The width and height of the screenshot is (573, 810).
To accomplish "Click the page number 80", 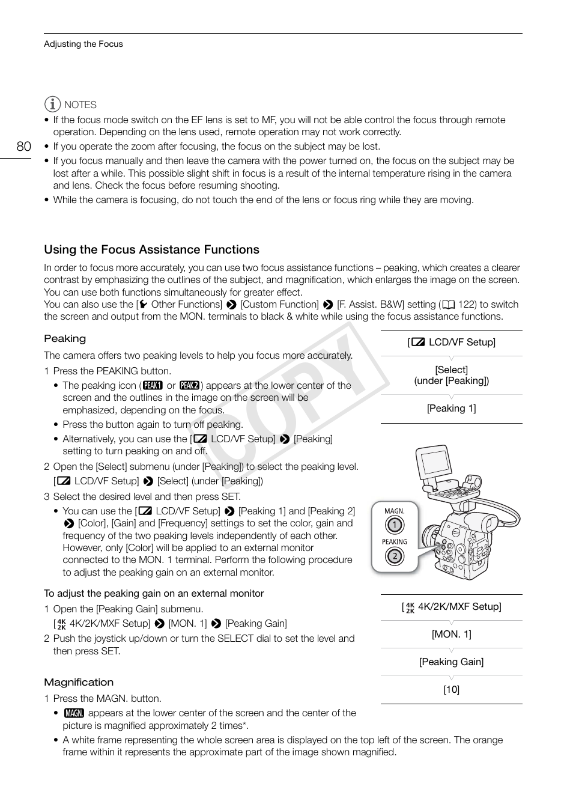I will pos(23,147).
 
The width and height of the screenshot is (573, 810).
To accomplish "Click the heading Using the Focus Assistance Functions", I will pos(151,249).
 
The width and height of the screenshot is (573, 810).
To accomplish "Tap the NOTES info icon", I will pos(53,105).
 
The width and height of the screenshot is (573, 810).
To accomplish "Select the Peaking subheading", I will pos(65,339).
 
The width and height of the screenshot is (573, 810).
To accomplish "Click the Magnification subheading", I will pos(79,683).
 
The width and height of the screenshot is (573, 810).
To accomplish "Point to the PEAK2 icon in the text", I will pos(189,386).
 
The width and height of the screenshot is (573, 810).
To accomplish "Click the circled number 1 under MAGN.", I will pos(394,525).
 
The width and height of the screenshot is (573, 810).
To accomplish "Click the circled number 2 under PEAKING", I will pos(394,556).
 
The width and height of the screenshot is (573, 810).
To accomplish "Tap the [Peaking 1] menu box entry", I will pos(451,409).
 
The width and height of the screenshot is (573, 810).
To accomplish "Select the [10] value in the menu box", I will pos(451,690).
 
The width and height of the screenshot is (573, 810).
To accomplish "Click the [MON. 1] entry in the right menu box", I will pos(451,635).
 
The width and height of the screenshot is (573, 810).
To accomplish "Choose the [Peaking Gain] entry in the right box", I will pos(451,662).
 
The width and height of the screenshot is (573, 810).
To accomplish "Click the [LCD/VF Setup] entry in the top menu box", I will pos(451,343).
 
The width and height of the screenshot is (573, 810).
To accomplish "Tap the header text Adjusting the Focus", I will pos(83,44).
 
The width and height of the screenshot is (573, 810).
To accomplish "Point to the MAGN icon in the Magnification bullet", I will pos(74,713).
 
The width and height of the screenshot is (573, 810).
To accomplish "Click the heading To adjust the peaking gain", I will pos(154,594).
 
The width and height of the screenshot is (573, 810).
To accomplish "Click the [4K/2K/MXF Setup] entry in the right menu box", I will pos(451,607).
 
